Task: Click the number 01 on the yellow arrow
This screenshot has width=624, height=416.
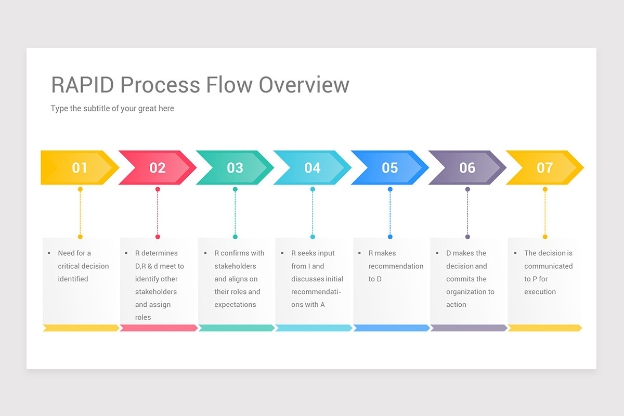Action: click(80, 168)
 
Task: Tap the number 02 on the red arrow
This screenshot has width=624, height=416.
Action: click(157, 168)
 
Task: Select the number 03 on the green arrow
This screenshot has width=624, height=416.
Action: click(235, 168)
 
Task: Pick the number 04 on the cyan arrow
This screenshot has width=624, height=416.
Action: click(313, 168)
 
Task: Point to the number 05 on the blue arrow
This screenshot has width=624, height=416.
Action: click(390, 168)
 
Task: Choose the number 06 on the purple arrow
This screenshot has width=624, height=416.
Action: click(467, 168)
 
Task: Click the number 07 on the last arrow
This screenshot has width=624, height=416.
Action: click(545, 168)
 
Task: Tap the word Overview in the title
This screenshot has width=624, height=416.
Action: click(304, 85)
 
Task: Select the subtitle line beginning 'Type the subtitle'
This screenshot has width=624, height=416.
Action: click(112, 109)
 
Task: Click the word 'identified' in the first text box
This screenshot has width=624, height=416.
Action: click(73, 279)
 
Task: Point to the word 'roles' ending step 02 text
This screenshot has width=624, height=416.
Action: click(143, 318)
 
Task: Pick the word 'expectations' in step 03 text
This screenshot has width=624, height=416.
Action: click(235, 305)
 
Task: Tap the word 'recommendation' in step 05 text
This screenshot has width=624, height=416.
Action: click(396, 266)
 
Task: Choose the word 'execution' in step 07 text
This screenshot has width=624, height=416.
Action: click(540, 292)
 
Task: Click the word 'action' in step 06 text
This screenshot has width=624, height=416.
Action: click(456, 305)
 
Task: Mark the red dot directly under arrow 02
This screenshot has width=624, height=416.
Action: click(158, 189)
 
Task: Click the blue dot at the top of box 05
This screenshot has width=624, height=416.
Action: click(390, 237)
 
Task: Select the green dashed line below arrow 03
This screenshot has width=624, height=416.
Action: click(235, 213)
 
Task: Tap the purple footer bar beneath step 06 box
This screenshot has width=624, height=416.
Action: click(468, 328)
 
